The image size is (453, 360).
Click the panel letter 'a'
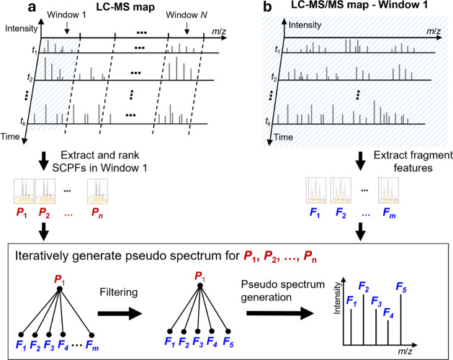point(32,7)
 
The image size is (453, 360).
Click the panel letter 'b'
point(267,7)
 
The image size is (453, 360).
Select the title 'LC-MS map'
point(125,7)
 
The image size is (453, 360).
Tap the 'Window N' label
point(187,15)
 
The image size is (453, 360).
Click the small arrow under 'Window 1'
point(67,28)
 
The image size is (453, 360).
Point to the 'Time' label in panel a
point(10,136)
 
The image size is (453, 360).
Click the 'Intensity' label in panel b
point(305,25)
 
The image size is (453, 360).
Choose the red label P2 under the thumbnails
point(44,213)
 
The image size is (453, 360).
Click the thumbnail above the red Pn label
point(98,192)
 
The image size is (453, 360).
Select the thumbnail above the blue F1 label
point(316,190)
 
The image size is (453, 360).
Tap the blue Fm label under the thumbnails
point(389,213)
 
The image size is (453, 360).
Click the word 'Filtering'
point(118,292)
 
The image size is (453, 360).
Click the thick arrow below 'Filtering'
point(120,314)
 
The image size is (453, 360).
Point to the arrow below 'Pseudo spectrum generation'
point(280,313)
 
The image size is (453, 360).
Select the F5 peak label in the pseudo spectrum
point(401,287)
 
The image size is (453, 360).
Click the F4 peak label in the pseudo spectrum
point(388,313)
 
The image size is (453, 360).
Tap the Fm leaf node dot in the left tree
point(91,335)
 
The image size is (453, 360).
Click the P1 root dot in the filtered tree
point(199,286)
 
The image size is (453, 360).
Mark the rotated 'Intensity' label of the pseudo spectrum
point(337,298)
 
